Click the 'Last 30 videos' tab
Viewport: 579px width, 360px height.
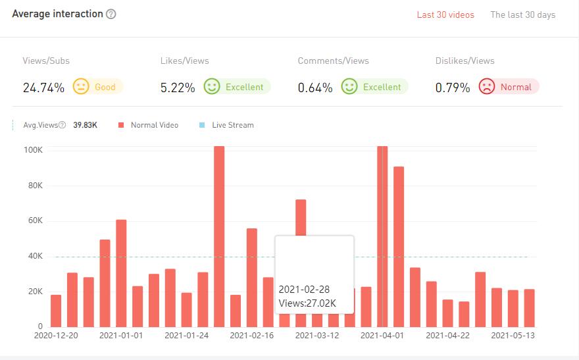[x=445, y=15]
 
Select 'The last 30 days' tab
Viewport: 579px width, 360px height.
[x=522, y=15]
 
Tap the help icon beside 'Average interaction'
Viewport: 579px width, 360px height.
[x=111, y=14]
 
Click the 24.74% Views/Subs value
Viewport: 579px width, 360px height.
[x=43, y=88]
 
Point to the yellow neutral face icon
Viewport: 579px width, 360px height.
[x=80, y=86]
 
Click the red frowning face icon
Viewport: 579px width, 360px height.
[x=487, y=87]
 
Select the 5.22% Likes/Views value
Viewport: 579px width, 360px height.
[x=178, y=88]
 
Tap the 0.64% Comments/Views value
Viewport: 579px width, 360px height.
[x=315, y=88]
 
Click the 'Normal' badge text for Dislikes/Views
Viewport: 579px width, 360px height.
[x=515, y=87]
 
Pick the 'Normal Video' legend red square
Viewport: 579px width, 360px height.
[x=120, y=125]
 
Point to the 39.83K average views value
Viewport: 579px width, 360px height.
[x=85, y=125]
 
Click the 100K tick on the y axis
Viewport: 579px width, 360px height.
[x=33, y=150]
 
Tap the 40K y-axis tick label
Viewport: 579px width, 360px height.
[x=35, y=256]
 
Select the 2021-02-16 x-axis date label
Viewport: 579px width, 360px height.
[x=252, y=336]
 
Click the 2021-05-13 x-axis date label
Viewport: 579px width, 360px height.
[x=513, y=336]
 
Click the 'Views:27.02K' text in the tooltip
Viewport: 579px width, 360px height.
[x=307, y=303]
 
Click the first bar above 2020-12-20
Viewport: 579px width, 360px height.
[x=56, y=311]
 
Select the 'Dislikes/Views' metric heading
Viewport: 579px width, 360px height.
[x=465, y=61]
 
